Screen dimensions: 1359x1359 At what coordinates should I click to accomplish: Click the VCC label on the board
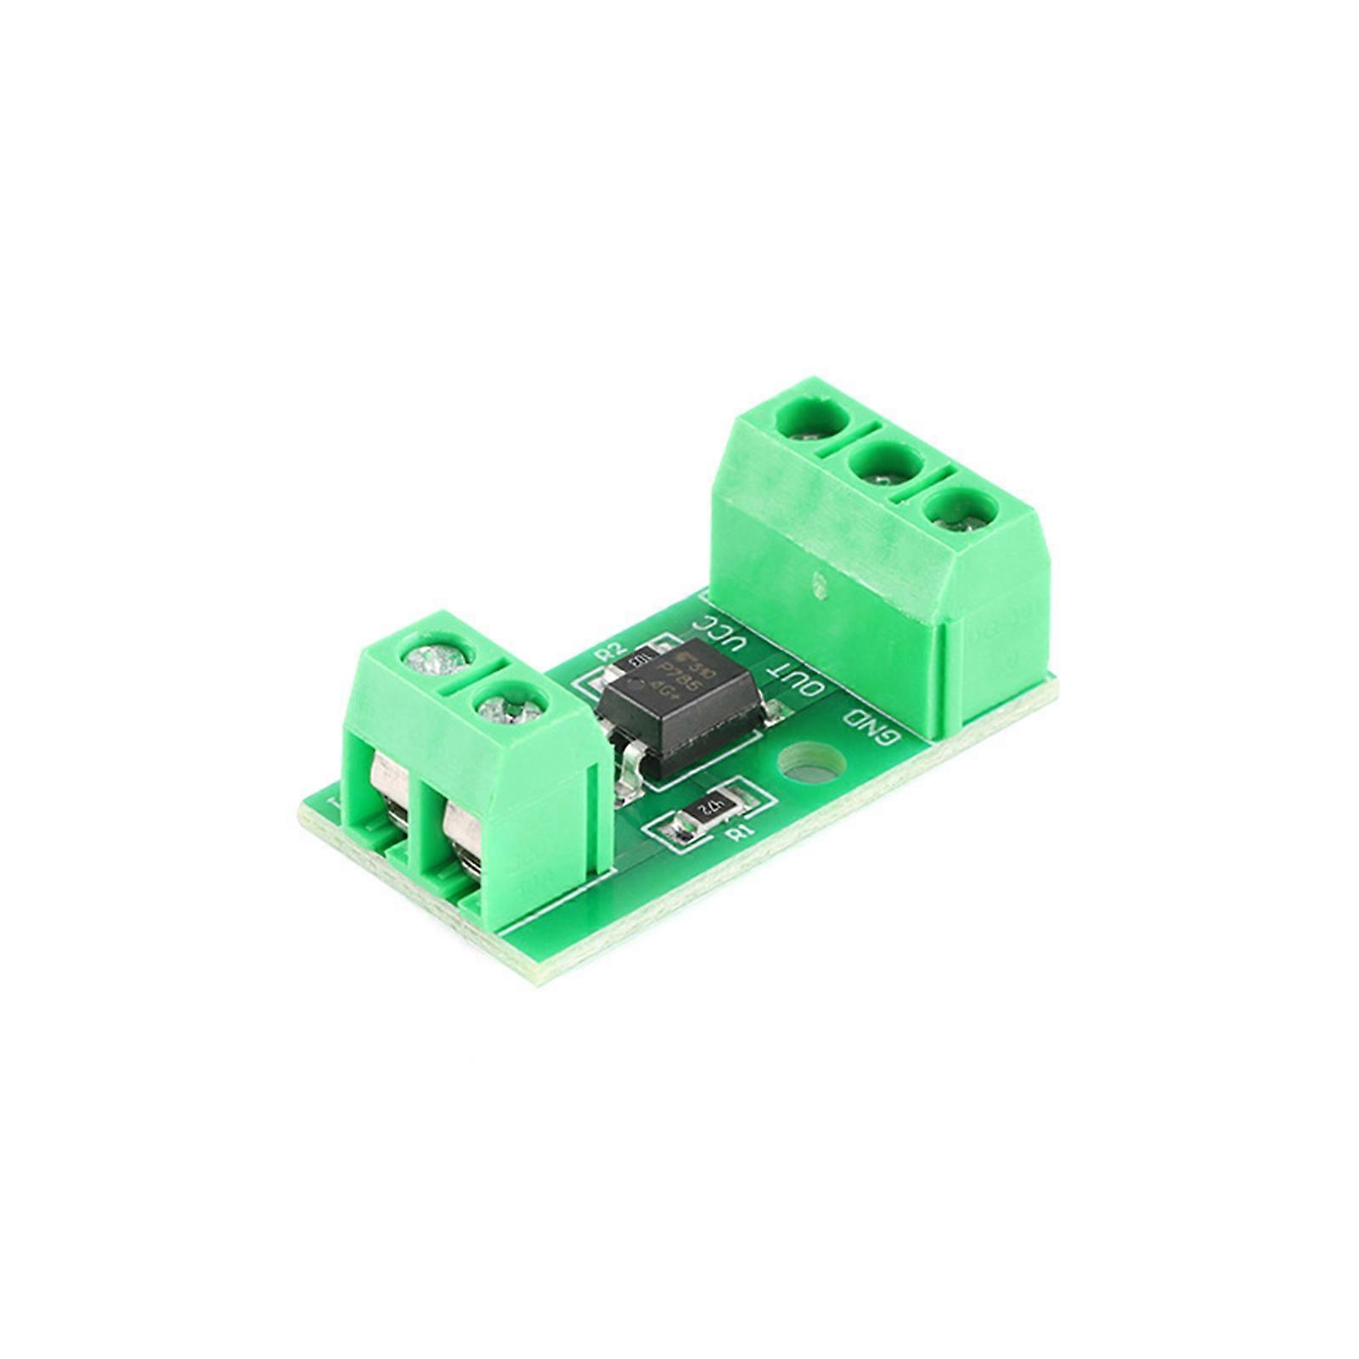point(724,633)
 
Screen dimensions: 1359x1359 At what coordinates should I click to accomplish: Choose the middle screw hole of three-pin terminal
point(886,465)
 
